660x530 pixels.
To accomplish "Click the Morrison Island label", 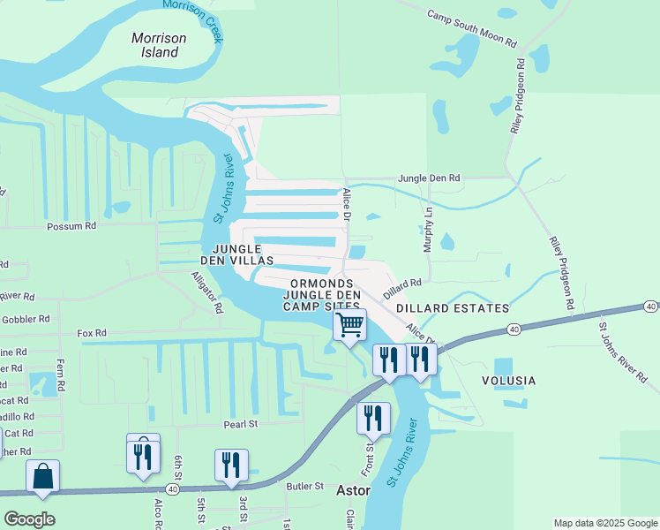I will point(160,45).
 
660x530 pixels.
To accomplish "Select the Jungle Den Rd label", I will point(430,178).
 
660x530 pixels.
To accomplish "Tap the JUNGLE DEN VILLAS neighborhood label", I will point(240,254).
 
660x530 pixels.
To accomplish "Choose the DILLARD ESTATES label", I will point(453,308).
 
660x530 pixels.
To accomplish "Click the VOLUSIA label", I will point(508,381).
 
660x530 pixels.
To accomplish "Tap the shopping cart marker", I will point(350,325).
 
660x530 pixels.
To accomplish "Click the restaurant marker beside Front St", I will point(373,419).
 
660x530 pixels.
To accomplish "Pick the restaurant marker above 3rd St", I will point(231,466).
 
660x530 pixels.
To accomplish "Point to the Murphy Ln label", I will point(429,231).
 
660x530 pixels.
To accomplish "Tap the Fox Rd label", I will point(92,333).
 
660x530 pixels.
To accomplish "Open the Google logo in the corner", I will point(29,519).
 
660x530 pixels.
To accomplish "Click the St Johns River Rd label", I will point(621,352).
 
